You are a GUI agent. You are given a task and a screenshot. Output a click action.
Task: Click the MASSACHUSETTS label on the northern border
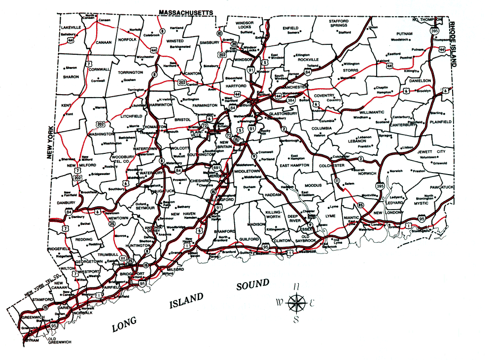[x=186, y=11]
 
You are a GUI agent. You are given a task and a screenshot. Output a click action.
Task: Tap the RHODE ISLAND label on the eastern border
[x=454, y=45]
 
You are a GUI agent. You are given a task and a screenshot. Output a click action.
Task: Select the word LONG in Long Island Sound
[x=127, y=324]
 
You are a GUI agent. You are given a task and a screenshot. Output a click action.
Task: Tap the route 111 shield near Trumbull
[x=122, y=258]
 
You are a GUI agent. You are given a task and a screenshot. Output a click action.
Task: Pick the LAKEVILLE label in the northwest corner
[x=71, y=27]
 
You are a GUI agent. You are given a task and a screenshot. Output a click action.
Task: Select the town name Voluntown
[x=428, y=157]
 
